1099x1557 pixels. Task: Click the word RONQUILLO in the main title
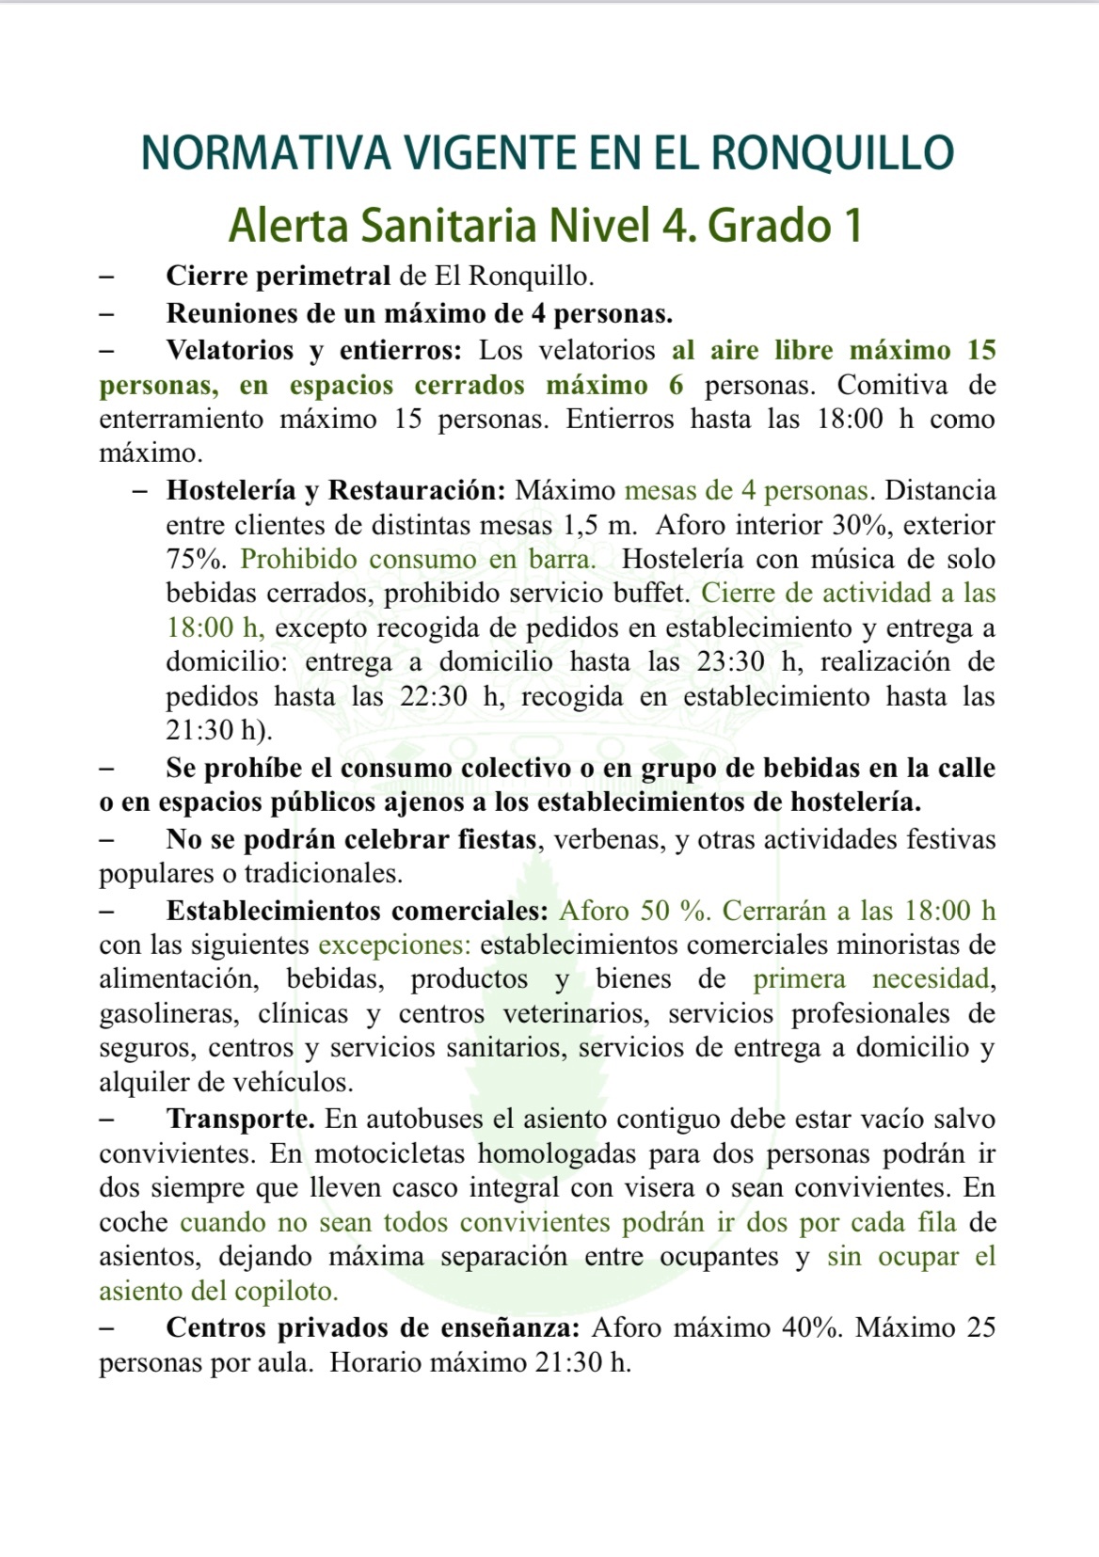(x=832, y=153)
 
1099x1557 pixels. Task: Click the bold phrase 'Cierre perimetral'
(x=278, y=276)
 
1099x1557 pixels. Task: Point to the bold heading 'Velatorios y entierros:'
(x=313, y=350)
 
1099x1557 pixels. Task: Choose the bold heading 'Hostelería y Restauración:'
(x=336, y=490)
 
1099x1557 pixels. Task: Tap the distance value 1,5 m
(x=599, y=525)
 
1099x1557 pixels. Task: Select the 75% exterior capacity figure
(x=196, y=559)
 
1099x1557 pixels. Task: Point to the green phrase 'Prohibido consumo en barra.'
(x=418, y=559)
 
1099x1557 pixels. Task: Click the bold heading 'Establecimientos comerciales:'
(x=357, y=911)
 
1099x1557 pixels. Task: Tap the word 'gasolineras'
(x=166, y=1013)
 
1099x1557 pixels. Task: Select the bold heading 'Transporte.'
(x=240, y=1119)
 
